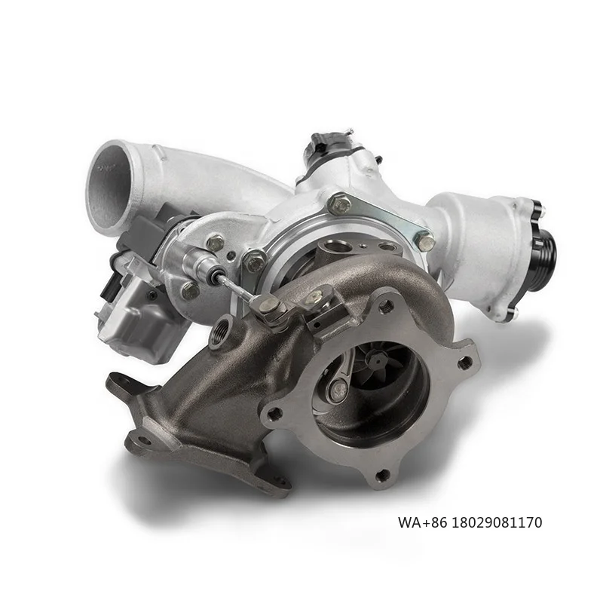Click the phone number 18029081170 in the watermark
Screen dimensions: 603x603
(496, 522)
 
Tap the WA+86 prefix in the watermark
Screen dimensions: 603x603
(422, 522)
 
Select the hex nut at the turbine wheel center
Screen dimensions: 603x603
(375, 361)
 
